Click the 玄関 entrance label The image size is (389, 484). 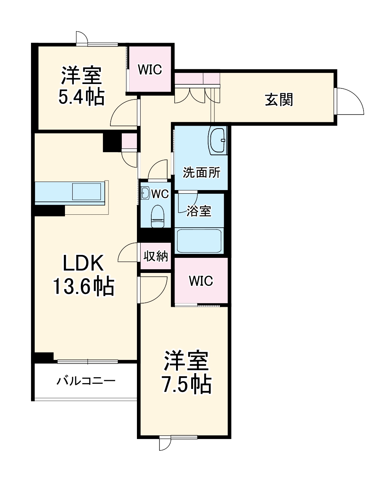coord(279,99)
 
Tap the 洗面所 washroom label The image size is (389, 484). coord(202,172)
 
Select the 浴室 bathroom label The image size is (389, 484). coord(199,211)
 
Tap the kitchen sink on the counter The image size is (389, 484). coord(86,192)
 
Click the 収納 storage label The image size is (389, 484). coord(156,256)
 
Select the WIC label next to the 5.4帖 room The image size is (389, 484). coord(150,69)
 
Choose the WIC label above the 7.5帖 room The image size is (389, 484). coord(201,281)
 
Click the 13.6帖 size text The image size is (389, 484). coord(84,287)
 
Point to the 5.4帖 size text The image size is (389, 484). coord(81,97)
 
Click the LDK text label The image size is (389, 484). coord(83,264)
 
